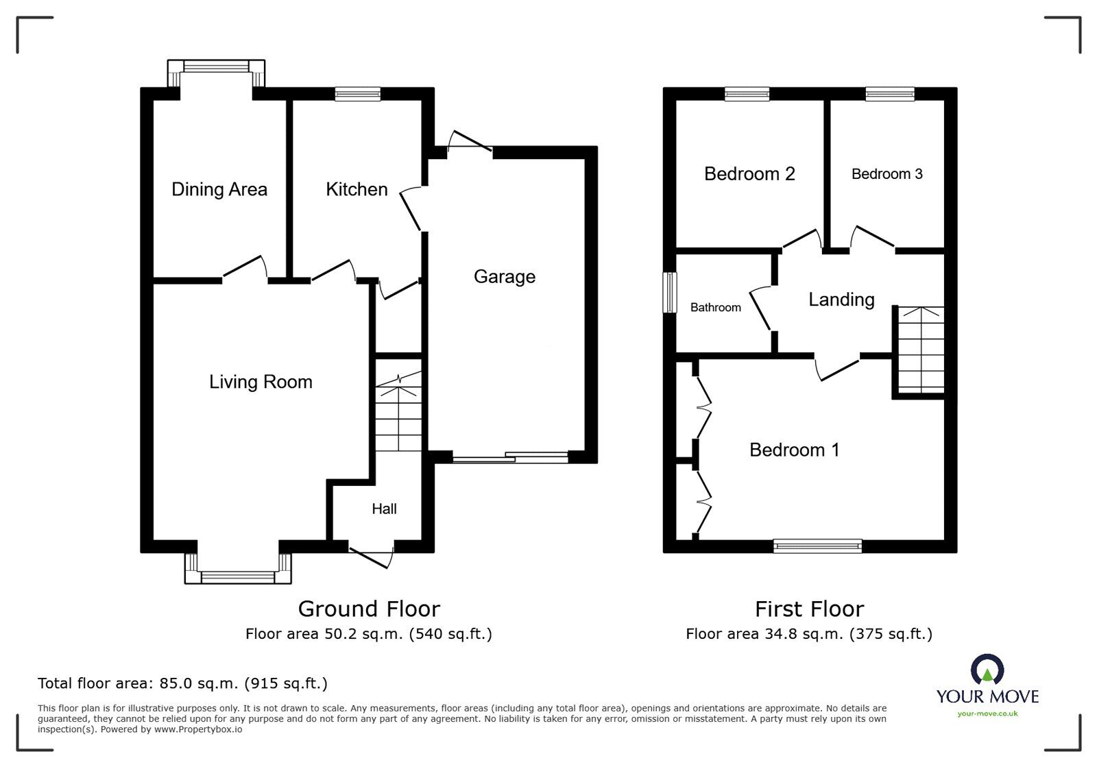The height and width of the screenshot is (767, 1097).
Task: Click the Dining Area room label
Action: coord(219,189)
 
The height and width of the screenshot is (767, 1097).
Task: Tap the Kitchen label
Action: coord(357,189)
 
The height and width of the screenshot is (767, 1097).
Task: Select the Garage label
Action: coord(504,276)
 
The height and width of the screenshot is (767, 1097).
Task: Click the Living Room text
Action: coord(261,382)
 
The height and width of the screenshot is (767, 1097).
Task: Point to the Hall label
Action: coord(384,509)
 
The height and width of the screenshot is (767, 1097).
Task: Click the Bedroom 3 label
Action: coord(887,174)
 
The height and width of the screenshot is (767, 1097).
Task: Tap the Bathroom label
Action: coord(715,308)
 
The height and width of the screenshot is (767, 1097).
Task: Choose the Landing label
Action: coord(841,300)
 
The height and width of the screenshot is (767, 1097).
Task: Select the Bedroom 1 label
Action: coord(794,450)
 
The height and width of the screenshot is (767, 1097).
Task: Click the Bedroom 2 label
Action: coord(749,174)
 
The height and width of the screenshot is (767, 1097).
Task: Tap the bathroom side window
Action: coord(670,293)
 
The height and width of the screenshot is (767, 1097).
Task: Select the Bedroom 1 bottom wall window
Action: coord(817,546)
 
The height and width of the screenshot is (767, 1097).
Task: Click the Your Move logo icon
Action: coord(987,670)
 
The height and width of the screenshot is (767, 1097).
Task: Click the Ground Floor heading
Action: coord(369,609)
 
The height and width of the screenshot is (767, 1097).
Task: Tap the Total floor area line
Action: coord(182,683)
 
